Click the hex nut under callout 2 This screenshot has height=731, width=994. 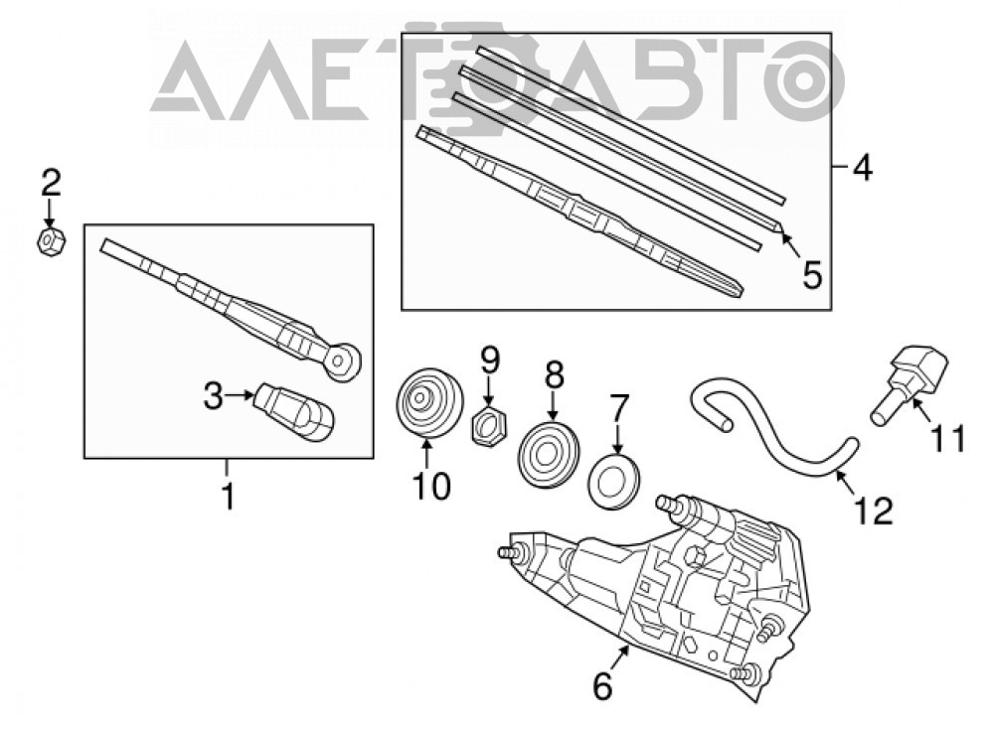click(51, 240)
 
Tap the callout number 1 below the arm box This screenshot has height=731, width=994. click(228, 496)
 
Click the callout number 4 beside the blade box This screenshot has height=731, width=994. click(862, 167)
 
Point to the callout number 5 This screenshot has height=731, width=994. click(812, 275)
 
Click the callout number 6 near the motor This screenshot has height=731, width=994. click(602, 685)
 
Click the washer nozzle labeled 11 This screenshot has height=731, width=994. click(910, 383)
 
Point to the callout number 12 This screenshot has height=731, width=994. click(874, 511)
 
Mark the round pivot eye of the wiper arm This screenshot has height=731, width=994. click(342, 362)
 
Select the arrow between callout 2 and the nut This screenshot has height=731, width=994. click(50, 213)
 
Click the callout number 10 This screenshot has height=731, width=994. click(431, 487)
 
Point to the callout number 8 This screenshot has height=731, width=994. click(554, 375)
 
